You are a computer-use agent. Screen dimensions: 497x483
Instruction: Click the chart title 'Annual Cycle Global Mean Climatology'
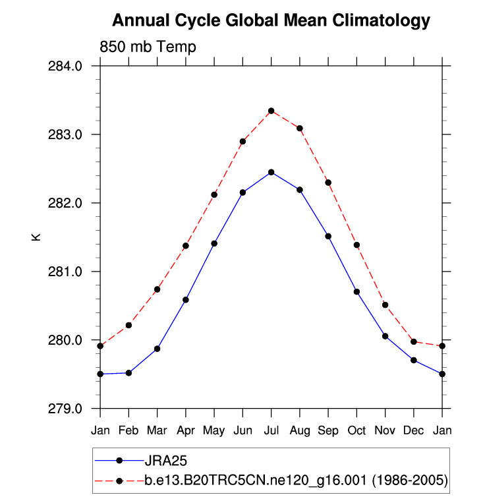[271, 21]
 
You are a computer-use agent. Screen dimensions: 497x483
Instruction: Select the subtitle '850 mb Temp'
[148, 47]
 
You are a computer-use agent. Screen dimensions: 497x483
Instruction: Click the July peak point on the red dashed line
[271, 111]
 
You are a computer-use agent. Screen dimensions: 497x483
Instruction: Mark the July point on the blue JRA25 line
[271, 172]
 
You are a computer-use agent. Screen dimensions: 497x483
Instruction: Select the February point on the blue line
[128, 373]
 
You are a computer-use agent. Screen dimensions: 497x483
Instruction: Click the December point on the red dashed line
[414, 341]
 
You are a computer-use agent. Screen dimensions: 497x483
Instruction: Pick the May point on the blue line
[214, 243]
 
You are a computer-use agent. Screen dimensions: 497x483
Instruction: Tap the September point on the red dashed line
[328, 183]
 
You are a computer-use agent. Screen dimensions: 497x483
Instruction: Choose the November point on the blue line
[385, 336]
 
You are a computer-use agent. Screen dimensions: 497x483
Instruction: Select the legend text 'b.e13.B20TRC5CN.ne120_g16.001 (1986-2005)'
[297, 481]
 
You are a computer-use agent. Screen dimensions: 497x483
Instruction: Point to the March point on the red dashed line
[157, 289]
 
